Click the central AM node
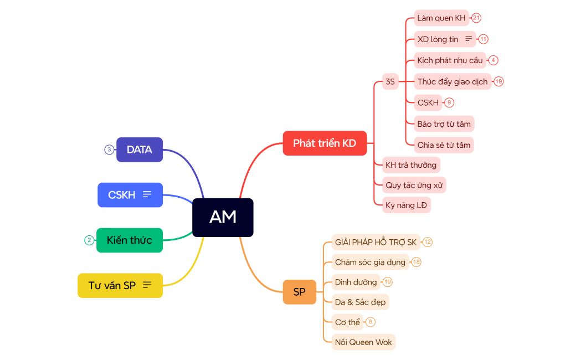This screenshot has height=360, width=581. [223, 217]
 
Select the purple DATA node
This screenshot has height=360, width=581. [140, 150]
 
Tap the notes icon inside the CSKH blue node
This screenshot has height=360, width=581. [147, 194]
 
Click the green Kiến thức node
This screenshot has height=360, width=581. [130, 240]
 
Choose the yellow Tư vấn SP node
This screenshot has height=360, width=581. [120, 285]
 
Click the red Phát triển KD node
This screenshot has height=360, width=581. [325, 143]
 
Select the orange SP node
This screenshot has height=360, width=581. [299, 292]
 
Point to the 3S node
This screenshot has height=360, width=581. [390, 82]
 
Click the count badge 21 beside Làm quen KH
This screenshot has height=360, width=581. [476, 18]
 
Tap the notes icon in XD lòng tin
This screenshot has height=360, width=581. [469, 39]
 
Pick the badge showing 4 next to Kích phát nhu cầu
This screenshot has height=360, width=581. [493, 60]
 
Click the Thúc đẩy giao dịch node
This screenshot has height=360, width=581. [453, 81]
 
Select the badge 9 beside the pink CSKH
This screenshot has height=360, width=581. [449, 102]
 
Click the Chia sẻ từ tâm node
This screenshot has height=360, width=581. [444, 145]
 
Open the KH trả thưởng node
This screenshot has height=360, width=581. [411, 164]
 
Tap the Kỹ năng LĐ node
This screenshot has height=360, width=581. [406, 205]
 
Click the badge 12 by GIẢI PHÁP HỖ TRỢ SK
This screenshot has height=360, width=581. [428, 242]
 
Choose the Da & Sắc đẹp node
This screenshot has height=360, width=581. [360, 302]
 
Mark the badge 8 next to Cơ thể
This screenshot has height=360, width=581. [371, 322]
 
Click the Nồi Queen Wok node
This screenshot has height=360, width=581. [363, 342]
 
